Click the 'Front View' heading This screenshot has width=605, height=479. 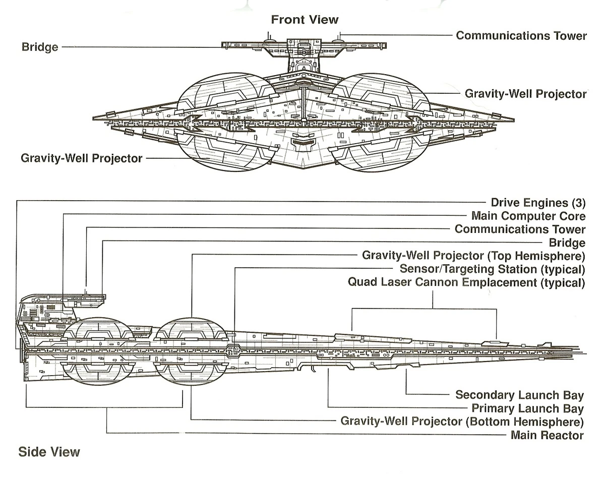pos(305,20)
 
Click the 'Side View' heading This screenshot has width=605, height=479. pos(49,451)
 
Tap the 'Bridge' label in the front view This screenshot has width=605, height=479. pos(40,47)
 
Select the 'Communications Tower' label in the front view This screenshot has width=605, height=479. pos(521,36)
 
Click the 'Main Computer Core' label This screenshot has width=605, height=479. pos(528,216)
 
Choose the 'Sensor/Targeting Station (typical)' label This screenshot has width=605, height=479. pos(492,269)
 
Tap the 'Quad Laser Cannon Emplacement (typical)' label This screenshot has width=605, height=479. pos(466,282)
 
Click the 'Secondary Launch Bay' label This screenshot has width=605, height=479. pos(519,395)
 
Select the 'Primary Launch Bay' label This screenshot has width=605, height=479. pos(527,408)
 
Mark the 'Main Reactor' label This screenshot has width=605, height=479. pos(547,435)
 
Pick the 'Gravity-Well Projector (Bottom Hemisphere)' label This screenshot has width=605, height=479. pos(462,421)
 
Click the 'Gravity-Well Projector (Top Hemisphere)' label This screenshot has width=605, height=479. pos(473,255)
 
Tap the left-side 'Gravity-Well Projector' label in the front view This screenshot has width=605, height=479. pos(82,158)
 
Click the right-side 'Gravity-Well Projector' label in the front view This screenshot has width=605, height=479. pos(525,94)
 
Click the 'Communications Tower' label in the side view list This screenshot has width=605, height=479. pos(520,230)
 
